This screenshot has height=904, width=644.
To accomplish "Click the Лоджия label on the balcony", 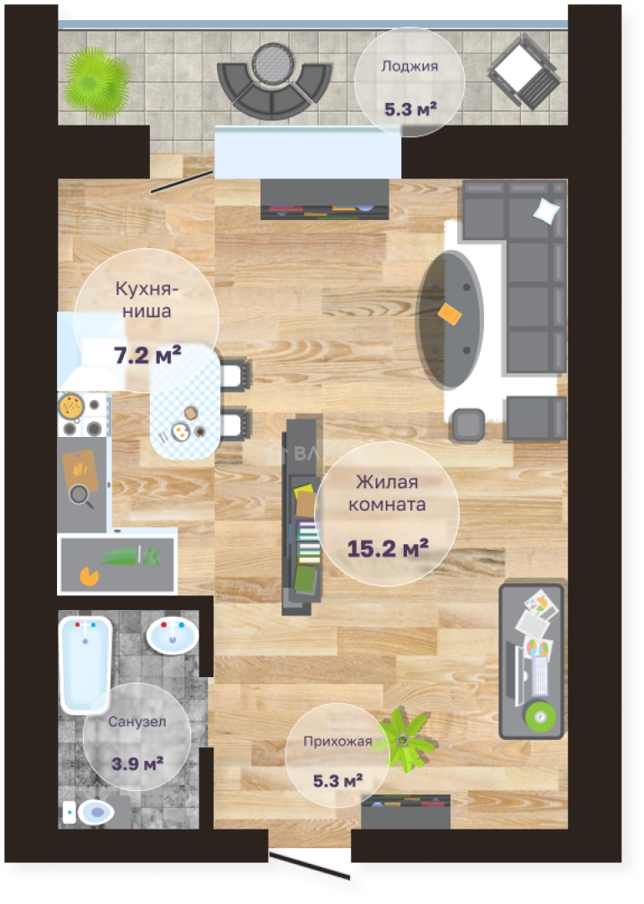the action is click(410, 67).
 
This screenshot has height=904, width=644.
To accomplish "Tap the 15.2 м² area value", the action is click(387, 548).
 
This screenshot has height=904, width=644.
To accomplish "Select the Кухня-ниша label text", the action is click(147, 300).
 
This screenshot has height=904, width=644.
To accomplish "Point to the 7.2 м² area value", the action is click(147, 355).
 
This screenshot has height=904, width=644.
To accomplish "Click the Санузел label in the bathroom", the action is click(137, 722).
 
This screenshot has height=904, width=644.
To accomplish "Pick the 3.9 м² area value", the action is click(137, 764).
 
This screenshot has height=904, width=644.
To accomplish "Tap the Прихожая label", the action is click(337, 742).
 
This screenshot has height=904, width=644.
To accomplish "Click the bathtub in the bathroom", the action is click(85, 664).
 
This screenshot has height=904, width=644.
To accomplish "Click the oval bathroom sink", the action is click(172, 635).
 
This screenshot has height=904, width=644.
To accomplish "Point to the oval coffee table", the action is click(450, 318).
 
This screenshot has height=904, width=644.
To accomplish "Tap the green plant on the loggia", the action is click(97, 83).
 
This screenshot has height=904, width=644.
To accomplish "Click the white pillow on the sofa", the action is click(546, 211).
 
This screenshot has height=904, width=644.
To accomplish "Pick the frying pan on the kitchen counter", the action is click(81, 496).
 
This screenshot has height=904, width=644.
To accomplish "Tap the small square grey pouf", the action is click(467, 425).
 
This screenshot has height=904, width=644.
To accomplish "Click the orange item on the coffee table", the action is click(450, 314).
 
